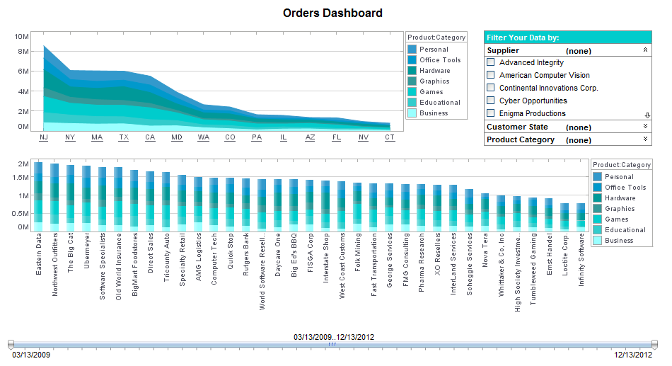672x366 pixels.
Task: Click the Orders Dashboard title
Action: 332,13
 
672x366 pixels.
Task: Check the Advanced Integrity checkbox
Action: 491,62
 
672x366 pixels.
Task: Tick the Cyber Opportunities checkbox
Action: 491,101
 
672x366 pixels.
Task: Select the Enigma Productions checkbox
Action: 491,113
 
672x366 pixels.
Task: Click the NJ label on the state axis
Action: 44,137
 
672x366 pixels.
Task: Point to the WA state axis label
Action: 203,137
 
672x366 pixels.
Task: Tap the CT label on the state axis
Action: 390,137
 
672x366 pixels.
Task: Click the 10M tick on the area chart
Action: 21,36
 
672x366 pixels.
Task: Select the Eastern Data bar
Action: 38,195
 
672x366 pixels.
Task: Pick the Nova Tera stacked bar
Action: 485,211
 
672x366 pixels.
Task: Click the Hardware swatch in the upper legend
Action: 412,71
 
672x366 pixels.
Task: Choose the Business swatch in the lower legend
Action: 598,241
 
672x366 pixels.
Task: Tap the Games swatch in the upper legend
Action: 412,92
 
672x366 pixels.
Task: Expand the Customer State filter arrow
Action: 645,127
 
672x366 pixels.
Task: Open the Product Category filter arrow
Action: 645,139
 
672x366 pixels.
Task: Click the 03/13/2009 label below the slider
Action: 30,355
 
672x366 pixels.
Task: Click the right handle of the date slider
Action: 654,344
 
